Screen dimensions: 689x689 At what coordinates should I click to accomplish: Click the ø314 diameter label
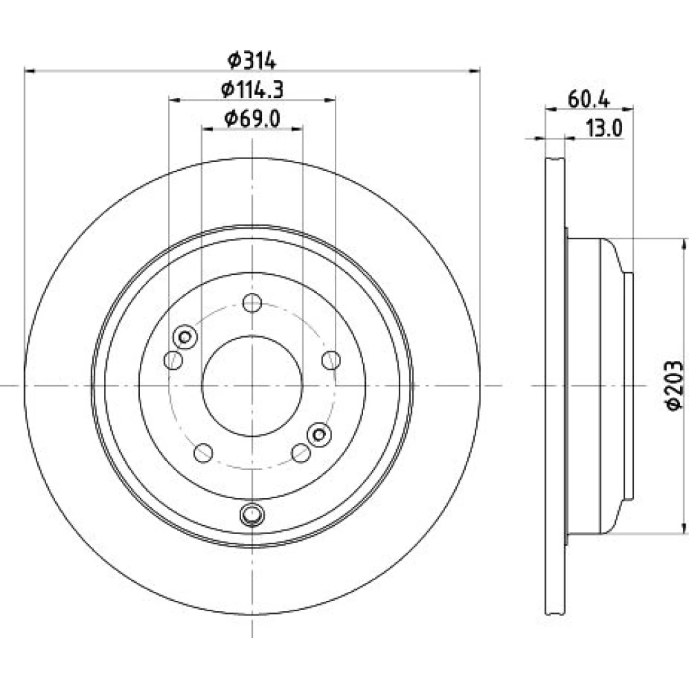point(252,61)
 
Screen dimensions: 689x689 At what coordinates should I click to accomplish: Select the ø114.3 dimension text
point(252,90)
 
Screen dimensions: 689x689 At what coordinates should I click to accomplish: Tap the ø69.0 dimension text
point(252,119)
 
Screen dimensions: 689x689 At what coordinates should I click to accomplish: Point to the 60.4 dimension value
point(589,100)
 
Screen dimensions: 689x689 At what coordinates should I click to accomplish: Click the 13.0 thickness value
point(605,129)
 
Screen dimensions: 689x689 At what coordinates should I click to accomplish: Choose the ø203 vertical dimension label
point(674,386)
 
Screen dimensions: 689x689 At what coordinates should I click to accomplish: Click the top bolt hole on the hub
point(252,302)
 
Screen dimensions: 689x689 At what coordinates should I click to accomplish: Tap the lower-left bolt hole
point(203,453)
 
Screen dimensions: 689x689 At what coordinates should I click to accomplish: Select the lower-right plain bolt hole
point(301,453)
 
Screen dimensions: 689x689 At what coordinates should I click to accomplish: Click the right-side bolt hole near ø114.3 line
point(331,360)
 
